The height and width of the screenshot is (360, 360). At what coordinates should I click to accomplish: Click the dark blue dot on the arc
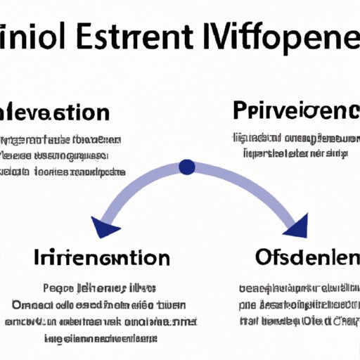187,167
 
